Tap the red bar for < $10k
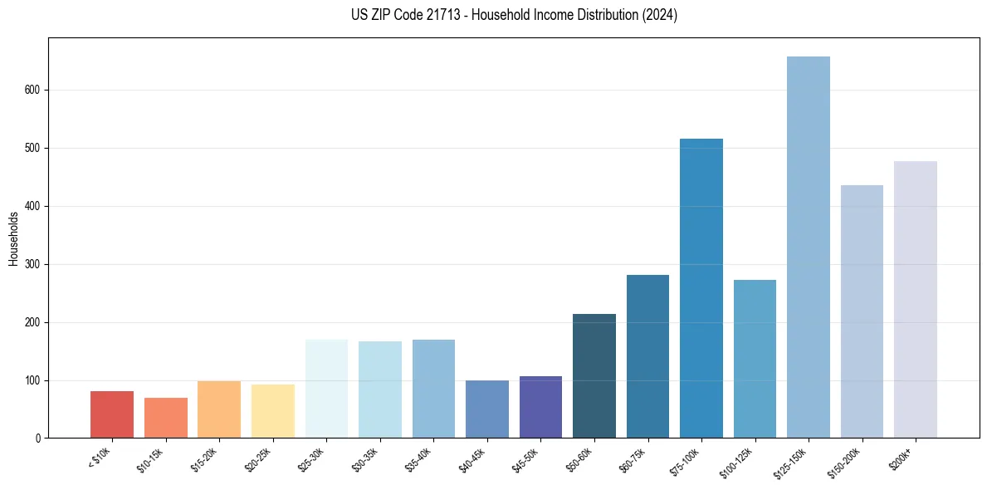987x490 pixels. tap(112, 414)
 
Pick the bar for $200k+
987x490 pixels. tap(915, 300)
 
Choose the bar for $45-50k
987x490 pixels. tap(540, 407)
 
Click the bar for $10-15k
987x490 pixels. tap(165, 418)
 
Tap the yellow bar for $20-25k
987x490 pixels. tap(272, 411)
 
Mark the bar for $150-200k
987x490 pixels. tap(862, 311)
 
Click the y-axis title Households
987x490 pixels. tap(13, 238)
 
